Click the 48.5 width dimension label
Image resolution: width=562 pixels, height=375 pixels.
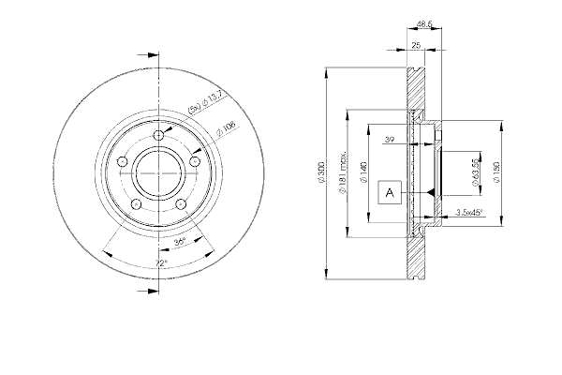[x=424, y=24]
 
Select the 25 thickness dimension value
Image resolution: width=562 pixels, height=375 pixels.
[x=416, y=45]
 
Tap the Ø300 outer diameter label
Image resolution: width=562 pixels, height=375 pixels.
[x=321, y=173]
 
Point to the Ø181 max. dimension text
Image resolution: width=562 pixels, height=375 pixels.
[x=342, y=172]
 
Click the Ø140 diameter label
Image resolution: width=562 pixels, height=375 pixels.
[x=363, y=172]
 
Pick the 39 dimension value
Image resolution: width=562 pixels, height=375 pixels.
[x=390, y=140]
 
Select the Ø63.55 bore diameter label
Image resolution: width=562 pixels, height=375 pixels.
[x=475, y=172]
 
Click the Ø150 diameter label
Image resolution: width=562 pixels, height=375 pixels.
[x=496, y=172]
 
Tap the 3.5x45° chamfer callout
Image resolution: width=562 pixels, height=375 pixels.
[x=470, y=213]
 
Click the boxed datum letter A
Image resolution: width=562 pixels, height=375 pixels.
[x=390, y=193]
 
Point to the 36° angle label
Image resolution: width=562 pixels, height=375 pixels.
[x=180, y=242]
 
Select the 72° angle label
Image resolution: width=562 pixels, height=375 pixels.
[x=162, y=263]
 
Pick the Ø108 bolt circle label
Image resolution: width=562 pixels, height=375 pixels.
[x=226, y=129]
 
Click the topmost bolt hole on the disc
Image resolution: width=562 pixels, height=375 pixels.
[x=158, y=135]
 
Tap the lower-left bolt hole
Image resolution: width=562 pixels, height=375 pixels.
[x=136, y=204]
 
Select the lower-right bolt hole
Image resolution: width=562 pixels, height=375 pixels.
[x=181, y=204]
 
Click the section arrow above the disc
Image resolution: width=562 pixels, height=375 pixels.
[x=148, y=55]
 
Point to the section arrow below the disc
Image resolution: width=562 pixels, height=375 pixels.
[x=148, y=291]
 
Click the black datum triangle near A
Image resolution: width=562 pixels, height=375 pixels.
[x=431, y=193]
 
